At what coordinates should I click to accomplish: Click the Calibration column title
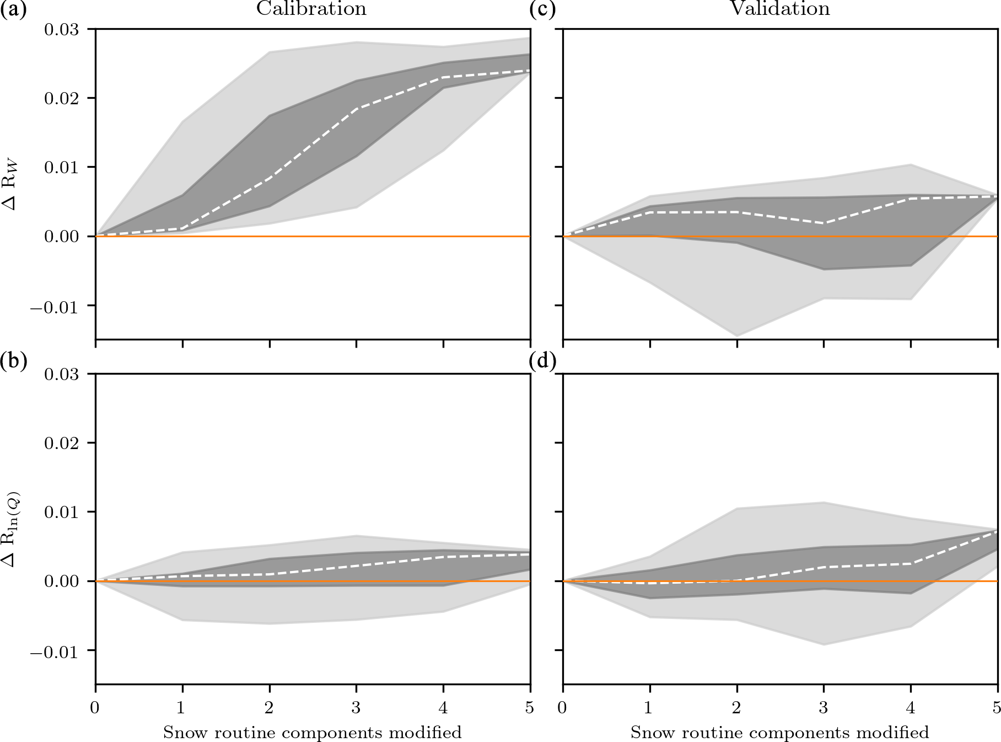coord(311,9)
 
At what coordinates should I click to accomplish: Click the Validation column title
coord(779,9)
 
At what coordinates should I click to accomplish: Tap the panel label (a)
coord(13,10)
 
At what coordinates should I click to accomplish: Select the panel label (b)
coord(13,361)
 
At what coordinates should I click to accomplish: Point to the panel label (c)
coord(542,10)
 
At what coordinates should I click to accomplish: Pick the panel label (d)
coord(542,361)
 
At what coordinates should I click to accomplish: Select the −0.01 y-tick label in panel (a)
coord(57,306)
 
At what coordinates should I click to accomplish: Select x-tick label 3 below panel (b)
coord(356,707)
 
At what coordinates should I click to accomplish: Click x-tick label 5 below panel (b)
coord(529,707)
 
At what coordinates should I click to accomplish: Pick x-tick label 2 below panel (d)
coord(737,707)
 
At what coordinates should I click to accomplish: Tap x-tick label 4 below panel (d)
coord(911,707)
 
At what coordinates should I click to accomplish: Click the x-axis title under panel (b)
coord(312,733)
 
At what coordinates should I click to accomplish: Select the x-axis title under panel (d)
coord(779,733)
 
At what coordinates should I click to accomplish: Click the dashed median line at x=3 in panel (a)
coord(356,109)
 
